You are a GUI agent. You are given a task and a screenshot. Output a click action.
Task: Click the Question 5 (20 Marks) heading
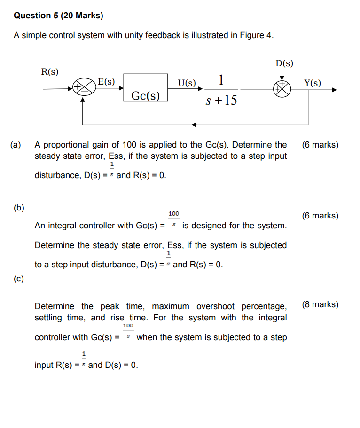58,16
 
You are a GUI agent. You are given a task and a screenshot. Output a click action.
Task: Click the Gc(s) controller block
146,87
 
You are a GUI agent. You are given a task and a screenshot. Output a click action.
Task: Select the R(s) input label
50,71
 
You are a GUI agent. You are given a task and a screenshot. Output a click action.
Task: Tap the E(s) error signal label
106,81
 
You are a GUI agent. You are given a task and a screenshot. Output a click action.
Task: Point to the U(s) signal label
187,83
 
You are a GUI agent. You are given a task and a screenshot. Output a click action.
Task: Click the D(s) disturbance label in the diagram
284,63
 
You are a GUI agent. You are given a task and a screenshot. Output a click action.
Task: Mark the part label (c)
19,279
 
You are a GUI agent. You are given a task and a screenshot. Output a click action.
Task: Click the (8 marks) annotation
320,304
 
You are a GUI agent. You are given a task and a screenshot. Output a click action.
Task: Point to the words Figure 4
258,36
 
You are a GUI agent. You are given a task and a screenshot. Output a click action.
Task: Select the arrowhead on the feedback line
195,125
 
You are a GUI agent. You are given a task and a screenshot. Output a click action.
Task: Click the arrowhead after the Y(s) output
334,89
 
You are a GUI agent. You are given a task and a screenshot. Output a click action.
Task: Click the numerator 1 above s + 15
221,79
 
